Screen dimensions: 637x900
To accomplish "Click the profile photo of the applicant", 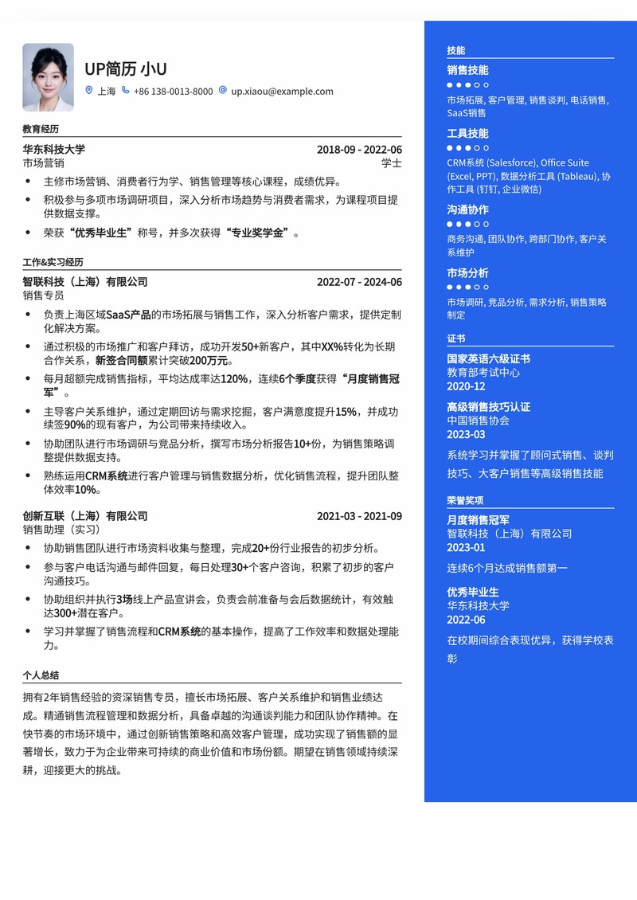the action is pos(48,77).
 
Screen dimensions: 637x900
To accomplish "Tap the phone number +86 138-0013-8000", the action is pos(173,92).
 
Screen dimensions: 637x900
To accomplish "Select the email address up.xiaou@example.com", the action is pos(282,92).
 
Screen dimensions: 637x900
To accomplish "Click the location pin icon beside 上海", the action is pos(89,91).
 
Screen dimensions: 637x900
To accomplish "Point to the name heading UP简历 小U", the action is pos(126,68).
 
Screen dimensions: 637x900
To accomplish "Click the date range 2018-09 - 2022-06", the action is pos(359,150).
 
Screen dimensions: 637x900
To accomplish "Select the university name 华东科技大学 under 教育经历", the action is pos(53,150).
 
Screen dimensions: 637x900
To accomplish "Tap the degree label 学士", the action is pos(392,163).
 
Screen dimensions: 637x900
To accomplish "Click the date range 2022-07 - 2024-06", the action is pos(359,282).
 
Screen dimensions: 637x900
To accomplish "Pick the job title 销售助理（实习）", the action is pos(63,530).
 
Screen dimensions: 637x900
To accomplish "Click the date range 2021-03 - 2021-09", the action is pos(359,516).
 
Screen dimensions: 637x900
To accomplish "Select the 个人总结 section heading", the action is pos(41,675).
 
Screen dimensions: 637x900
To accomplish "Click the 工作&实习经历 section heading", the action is pos(53,262).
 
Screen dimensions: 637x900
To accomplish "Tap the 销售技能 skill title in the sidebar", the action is pos(467,70).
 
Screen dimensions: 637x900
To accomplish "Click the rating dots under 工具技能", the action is pos(467,148).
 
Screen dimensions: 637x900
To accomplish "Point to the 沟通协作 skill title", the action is pos(467,210).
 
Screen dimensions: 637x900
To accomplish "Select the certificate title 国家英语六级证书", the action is pos(488,359).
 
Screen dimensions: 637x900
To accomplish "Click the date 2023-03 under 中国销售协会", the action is pos(466,434).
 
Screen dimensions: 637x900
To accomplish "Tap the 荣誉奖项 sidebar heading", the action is pos(465,501).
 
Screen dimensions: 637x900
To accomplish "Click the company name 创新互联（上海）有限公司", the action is pos(85,516).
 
